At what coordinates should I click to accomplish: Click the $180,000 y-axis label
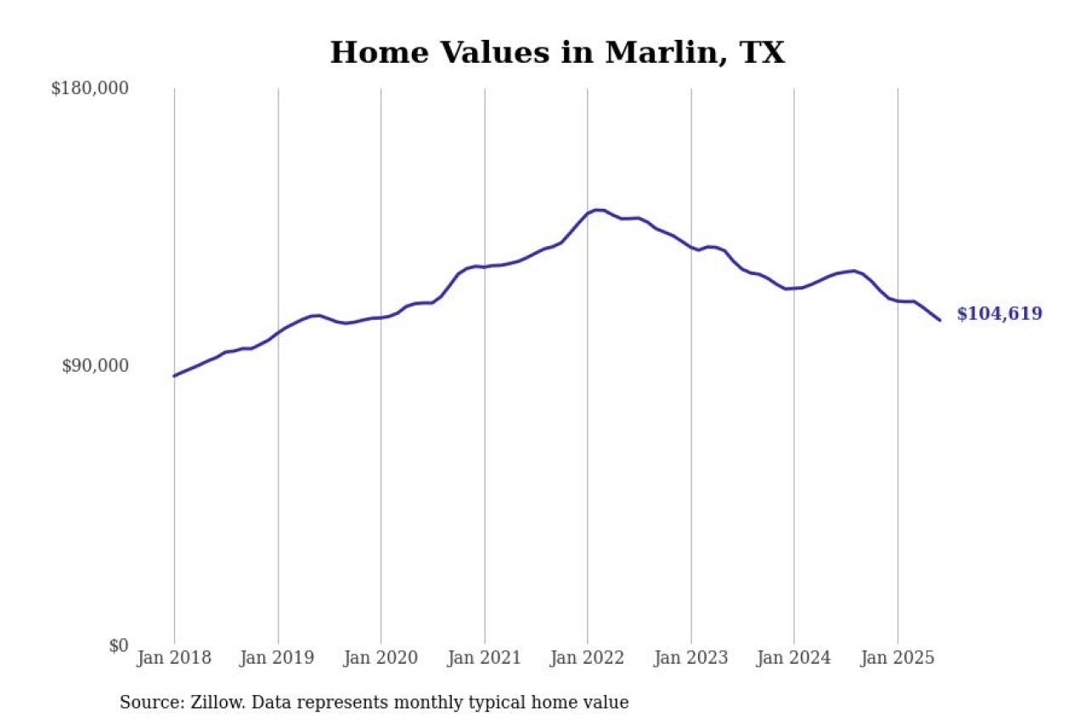point(90,88)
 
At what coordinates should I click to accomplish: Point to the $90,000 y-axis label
point(95,366)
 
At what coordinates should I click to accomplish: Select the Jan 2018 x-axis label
point(174,659)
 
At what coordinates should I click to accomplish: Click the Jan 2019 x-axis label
point(278,659)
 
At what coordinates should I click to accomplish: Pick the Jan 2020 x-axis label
point(380,659)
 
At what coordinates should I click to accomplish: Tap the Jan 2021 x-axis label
point(485,659)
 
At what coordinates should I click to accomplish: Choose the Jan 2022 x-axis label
point(588,659)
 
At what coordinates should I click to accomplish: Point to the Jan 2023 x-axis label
point(691,659)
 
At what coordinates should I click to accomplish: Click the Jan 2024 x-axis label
point(794,659)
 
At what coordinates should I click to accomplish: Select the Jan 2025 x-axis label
point(898,659)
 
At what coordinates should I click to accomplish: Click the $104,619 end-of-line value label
point(1000,314)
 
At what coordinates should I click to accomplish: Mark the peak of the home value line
point(598,210)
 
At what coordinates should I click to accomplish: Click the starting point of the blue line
point(174,375)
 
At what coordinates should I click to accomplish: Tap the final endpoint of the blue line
point(940,320)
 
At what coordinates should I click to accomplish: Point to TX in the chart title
point(763,53)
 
